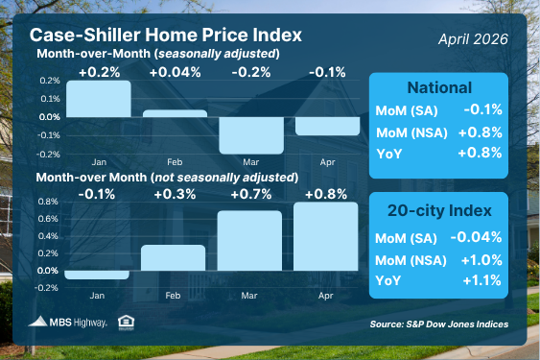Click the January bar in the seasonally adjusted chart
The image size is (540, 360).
99,99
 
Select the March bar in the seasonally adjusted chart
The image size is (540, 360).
251,135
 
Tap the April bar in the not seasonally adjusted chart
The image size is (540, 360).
326,236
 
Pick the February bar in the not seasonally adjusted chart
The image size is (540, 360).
174,257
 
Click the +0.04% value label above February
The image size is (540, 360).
175,72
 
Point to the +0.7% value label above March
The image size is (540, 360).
251,195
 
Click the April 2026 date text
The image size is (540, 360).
473,39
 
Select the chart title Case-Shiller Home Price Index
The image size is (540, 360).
166,35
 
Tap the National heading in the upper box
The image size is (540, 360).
439,87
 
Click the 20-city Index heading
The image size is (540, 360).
439,210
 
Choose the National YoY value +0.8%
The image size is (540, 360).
480,153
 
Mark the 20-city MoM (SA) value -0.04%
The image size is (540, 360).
476,237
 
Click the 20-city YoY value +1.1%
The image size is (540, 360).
481,280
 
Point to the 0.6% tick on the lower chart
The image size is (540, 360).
48,219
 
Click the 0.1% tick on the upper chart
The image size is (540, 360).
50,99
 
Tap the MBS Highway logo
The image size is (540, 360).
67,322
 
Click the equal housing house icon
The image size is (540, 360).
126,323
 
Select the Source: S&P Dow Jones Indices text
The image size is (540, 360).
439,324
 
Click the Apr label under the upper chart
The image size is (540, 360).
327,162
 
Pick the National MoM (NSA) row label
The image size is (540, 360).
411,132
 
